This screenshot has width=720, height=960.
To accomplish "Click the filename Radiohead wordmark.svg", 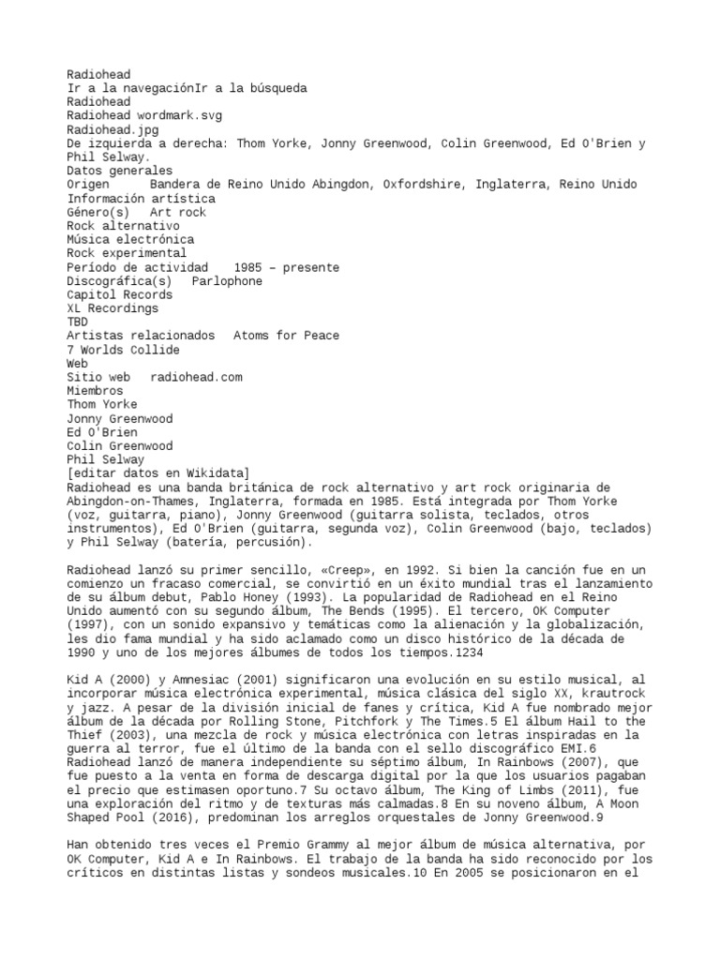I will [144, 115].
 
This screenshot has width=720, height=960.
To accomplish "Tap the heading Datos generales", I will [119, 171].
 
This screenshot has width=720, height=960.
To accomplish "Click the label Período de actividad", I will [137, 267].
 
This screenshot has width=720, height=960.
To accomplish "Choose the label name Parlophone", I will [227, 281].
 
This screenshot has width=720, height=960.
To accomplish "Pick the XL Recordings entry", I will [112, 308].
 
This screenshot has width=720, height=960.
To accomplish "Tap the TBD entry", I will [77, 322].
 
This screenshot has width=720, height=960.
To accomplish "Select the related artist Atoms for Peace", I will [286, 336].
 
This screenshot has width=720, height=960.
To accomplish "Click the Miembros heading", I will [95, 391].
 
